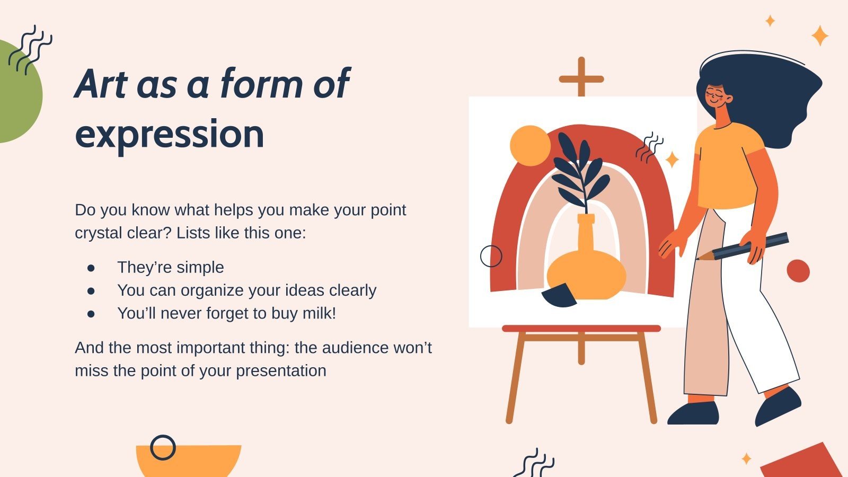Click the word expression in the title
(170, 134)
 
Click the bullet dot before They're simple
(91, 268)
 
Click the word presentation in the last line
(281, 370)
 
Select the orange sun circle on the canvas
(530, 146)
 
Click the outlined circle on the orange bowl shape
(163, 448)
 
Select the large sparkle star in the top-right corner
(820, 36)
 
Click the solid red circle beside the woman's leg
(798, 271)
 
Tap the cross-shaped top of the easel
(581, 78)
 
